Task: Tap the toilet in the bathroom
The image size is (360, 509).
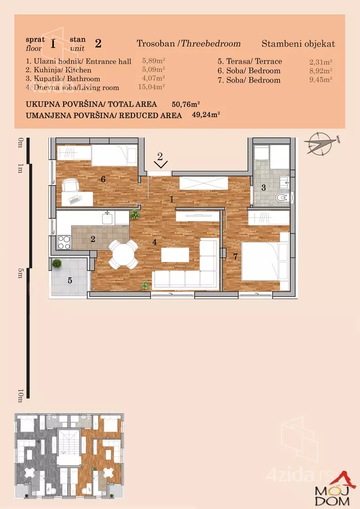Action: tap(282, 197)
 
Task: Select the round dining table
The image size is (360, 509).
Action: tap(123, 254)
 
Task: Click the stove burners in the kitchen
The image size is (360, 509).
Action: tap(64, 243)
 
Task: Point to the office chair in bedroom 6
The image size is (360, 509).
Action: tap(71, 185)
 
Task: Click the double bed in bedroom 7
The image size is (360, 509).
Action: tap(265, 261)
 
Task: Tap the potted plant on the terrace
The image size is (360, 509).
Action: tap(57, 263)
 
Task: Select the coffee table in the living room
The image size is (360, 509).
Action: tap(175, 255)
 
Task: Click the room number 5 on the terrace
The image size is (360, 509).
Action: tap(70, 280)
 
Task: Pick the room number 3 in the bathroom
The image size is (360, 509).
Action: tap(263, 187)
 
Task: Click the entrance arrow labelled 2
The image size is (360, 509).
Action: tap(160, 161)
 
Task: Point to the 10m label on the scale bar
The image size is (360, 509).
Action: tap(20, 396)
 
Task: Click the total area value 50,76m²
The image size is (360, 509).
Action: tap(186, 104)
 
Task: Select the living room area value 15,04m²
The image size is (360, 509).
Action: tap(152, 87)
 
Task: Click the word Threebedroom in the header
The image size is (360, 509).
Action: tap(211, 43)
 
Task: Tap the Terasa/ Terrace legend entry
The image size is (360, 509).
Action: tap(250, 61)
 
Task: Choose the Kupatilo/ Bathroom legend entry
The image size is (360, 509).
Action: tap(63, 79)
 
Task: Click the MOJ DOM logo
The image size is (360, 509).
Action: tap(334, 491)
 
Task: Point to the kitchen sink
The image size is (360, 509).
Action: tap(107, 218)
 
